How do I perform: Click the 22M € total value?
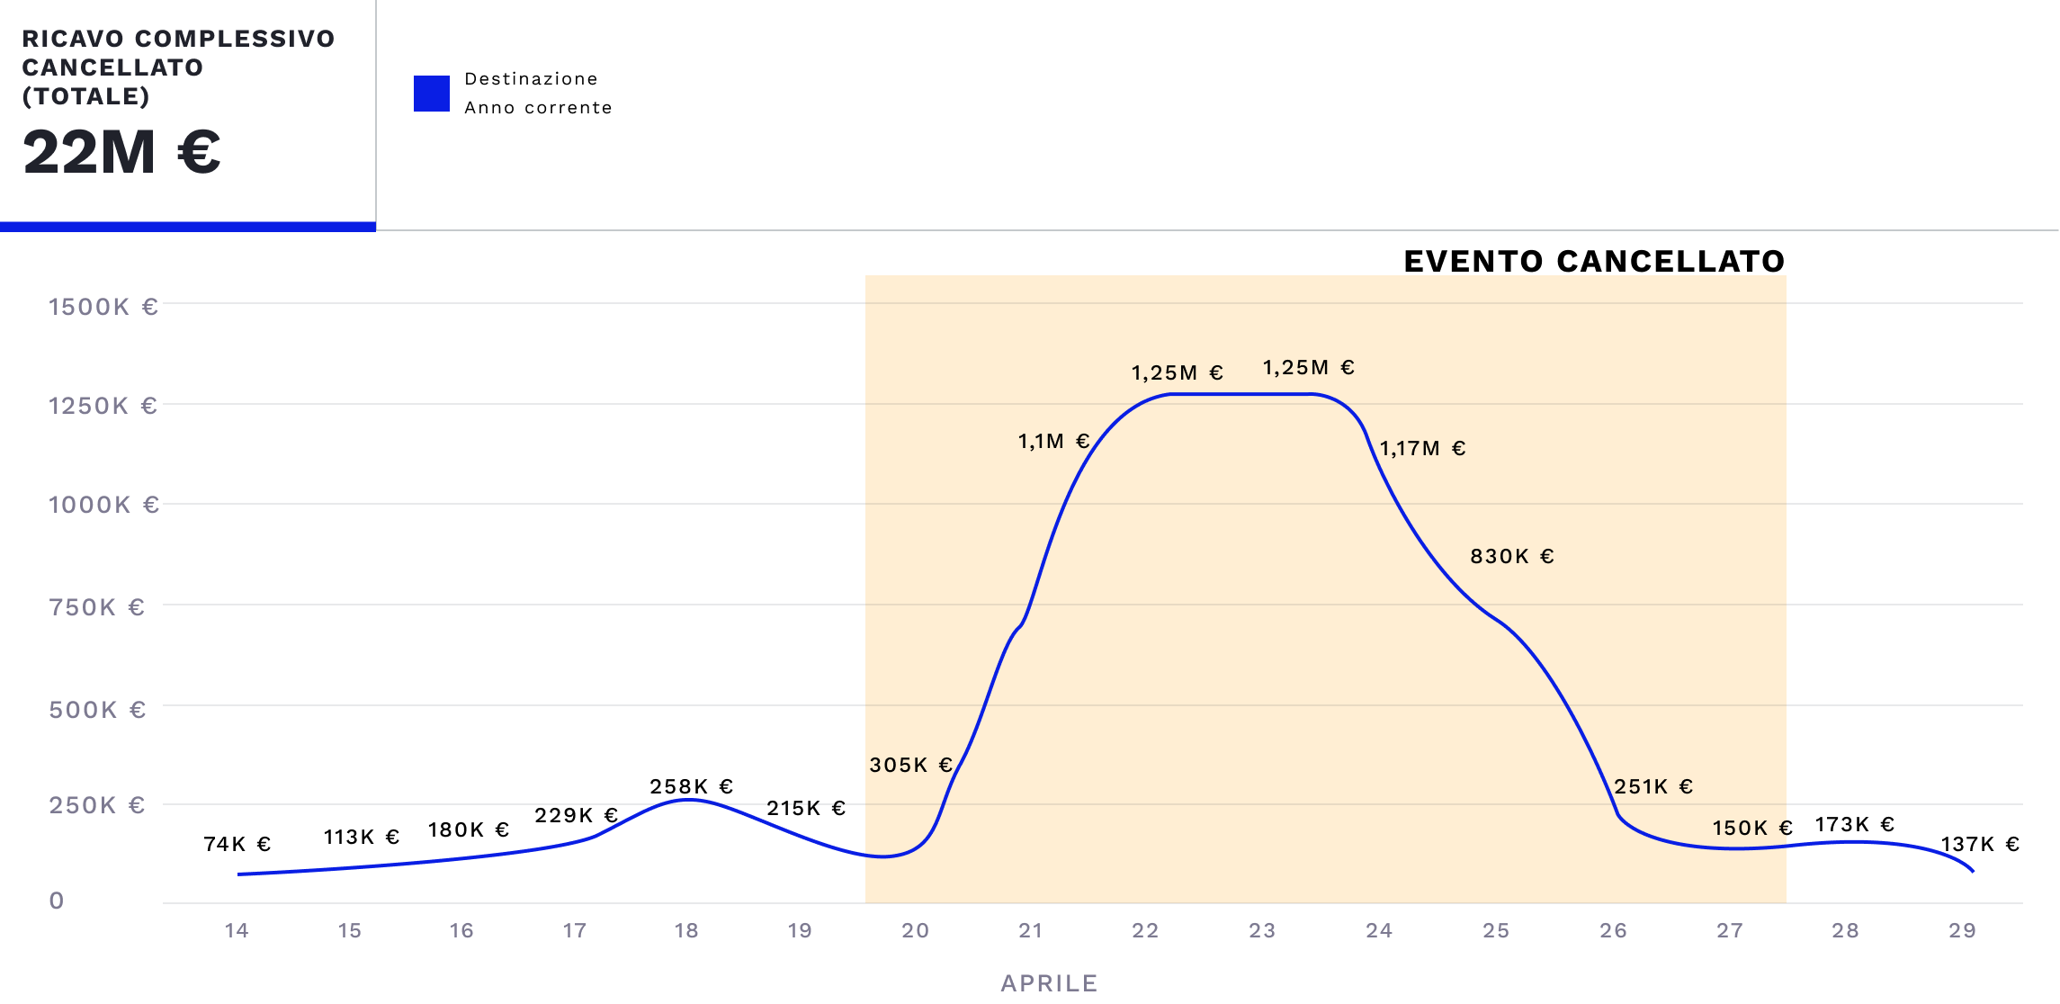121,152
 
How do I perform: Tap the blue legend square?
431,94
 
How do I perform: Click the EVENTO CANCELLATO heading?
1594,261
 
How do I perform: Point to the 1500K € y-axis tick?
103,307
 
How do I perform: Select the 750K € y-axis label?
97,607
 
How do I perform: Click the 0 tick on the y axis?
57,901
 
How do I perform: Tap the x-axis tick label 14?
237,930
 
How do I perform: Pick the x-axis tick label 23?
1262,930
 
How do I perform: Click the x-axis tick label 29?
1962,930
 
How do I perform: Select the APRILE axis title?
1049,982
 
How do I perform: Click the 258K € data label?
692,786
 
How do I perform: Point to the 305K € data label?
910,765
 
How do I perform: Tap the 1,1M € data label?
1053,441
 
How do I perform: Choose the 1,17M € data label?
1422,448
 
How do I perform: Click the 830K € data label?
1512,556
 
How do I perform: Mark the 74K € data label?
237,844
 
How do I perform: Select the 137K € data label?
1980,844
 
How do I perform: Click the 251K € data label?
1653,786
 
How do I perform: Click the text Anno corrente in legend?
538,108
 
